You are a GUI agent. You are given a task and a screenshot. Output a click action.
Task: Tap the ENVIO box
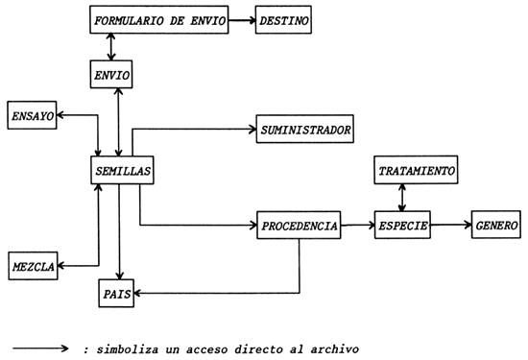pyautogui.click(x=108, y=74)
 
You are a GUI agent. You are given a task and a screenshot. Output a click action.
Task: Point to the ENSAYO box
pyautogui.click(x=32, y=115)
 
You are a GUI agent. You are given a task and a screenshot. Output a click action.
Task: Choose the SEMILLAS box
pyautogui.click(x=119, y=170)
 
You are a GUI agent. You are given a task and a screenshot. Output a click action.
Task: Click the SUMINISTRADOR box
pyautogui.click(x=304, y=128)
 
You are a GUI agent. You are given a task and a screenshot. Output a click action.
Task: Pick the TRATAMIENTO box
pyautogui.click(x=416, y=170)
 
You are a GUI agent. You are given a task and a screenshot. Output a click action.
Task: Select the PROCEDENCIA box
pyautogui.click(x=298, y=227)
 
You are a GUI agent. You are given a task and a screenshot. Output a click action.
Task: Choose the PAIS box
pyautogui.click(x=117, y=292)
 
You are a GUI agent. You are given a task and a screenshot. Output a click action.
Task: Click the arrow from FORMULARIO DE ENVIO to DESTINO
pyautogui.click(x=240, y=20)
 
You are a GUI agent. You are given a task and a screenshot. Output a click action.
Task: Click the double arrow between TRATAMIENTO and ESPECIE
pyautogui.click(x=402, y=195)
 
